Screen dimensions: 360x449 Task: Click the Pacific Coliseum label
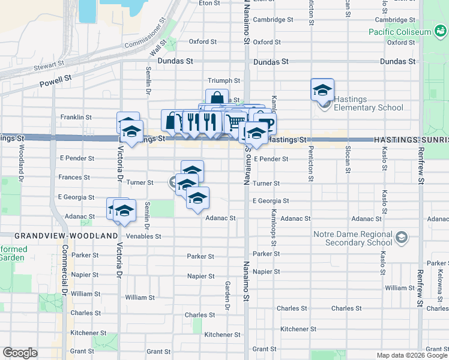pos(400,31)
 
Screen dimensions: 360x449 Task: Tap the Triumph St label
pos(223,80)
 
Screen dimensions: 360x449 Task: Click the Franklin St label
pos(76,118)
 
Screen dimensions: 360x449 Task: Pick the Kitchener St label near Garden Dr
pos(222,334)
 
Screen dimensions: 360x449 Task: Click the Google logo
pos(20,353)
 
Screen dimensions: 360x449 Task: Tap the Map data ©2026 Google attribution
pos(411,355)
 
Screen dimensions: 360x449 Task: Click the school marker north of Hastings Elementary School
pos(322,90)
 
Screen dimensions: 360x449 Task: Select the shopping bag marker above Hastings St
pos(217,99)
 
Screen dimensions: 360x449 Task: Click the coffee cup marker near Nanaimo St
pos(265,122)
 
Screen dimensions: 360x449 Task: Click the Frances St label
pos(74,178)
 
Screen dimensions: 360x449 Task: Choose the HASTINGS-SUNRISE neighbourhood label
pos(411,139)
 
